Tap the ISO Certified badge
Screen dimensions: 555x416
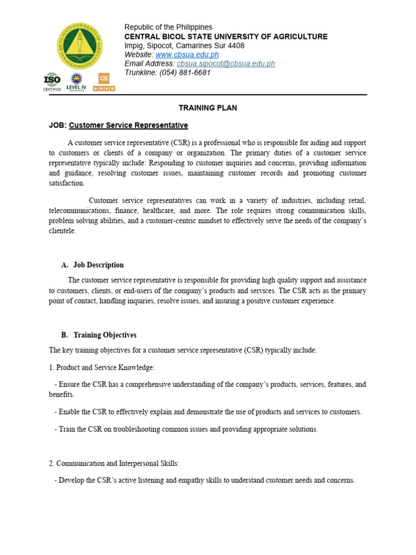(52, 81)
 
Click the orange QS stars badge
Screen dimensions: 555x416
(103, 81)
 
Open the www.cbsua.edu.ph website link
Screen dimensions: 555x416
(187, 55)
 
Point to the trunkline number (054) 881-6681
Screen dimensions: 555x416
(185, 73)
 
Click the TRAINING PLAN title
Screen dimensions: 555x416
(208, 108)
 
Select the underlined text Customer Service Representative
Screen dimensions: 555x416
(128, 125)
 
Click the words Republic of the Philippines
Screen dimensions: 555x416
(168, 27)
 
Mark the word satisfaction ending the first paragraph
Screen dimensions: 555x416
(66, 183)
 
